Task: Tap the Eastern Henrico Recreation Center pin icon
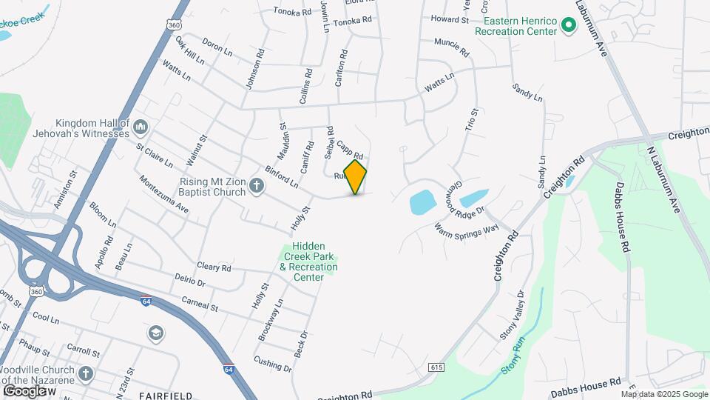(x=568, y=27)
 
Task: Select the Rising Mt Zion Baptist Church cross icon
(x=256, y=185)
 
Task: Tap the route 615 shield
(x=436, y=367)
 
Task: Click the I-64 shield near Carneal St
(x=146, y=300)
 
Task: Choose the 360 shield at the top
(x=175, y=24)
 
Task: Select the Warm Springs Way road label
(x=467, y=230)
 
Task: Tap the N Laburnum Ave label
(x=663, y=173)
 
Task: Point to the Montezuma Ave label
(x=163, y=194)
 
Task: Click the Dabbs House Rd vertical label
(x=620, y=224)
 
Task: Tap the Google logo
(x=25, y=390)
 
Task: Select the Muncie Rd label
(x=452, y=48)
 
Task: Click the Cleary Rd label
(x=214, y=267)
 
